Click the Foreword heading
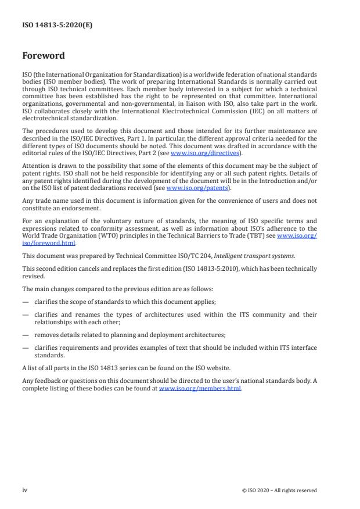[x=43, y=56]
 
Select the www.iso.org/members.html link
[x=200, y=389]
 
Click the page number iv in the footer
[x=25, y=490]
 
